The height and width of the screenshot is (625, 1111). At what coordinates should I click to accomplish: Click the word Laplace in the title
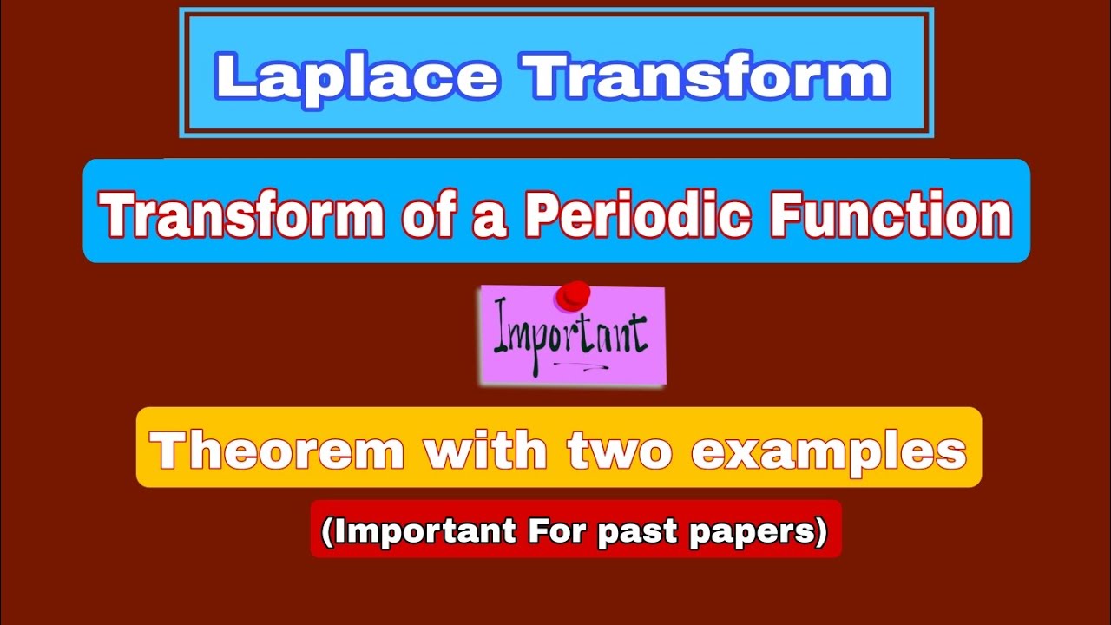357,76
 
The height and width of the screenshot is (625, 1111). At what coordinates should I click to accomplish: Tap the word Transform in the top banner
709,76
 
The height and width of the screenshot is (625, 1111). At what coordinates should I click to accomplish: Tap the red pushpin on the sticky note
573,295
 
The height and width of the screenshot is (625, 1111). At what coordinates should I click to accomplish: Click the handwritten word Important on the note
570,335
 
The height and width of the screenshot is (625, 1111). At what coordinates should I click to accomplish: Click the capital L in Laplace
233,76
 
